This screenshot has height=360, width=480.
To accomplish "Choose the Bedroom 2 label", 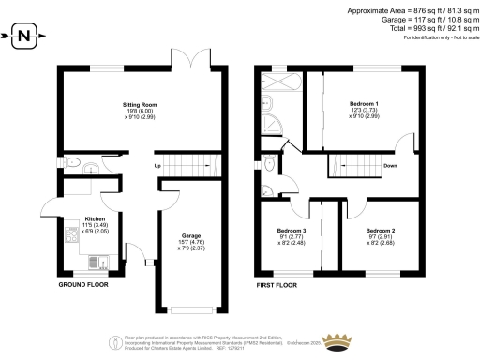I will point(380,231).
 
